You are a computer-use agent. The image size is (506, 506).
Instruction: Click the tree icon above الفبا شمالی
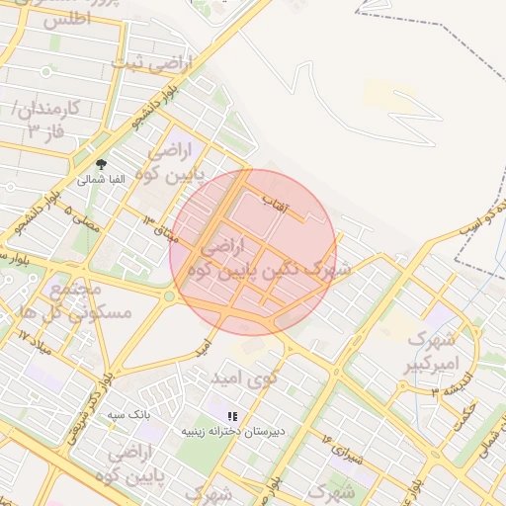point(101,164)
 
